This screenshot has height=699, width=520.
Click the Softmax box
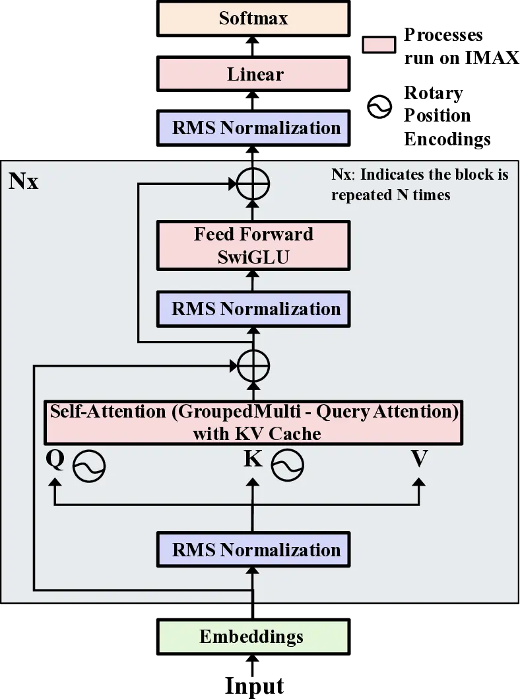click(x=253, y=18)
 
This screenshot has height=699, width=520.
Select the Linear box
click(x=254, y=74)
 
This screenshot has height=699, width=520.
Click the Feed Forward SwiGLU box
click(x=254, y=245)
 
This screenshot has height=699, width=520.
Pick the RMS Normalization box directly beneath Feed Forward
click(x=254, y=309)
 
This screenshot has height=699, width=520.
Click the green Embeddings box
click(x=251, y=637)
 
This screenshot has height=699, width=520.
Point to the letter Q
click(x=55, y=459)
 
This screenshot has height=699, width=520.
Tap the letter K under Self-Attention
click(x=253, y=459)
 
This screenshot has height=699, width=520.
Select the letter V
click(x=419, y=459)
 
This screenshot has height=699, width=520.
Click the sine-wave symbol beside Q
click(x=89, y=466)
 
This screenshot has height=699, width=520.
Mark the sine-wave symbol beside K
click(x=288, y=465)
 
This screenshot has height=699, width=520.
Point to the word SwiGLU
click(x=253, y=256)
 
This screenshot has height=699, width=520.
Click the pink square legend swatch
click(x=378, y=46)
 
